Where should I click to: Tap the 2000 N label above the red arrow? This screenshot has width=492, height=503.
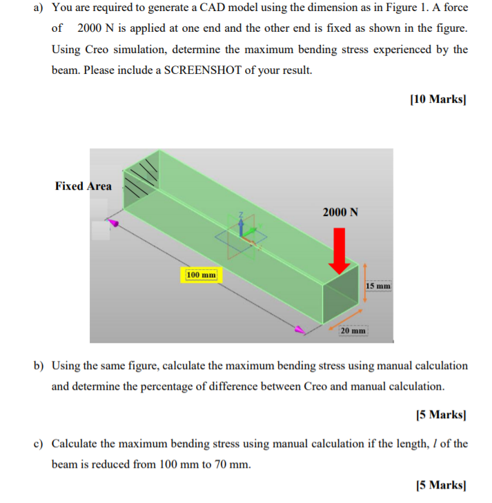340,212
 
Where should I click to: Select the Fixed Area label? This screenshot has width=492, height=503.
83,186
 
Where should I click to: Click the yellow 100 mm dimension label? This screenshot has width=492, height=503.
200,275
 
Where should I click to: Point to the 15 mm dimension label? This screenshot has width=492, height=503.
378,285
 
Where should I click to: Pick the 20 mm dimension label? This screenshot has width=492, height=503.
353,331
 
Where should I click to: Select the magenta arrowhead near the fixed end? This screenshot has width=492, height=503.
115,223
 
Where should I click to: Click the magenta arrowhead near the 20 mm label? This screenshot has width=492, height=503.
300,330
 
